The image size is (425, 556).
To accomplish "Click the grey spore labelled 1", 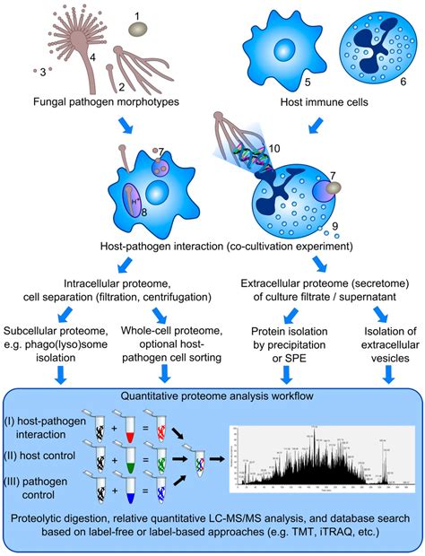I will (x=137, y=30).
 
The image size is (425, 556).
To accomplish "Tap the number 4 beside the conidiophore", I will (x=92, y=58).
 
